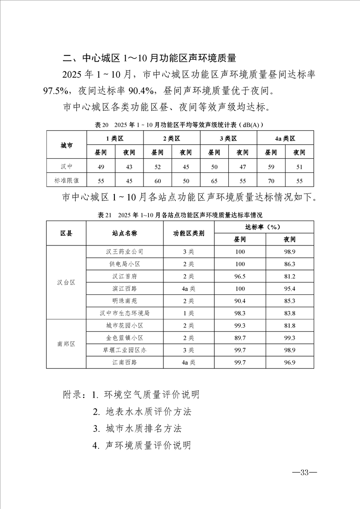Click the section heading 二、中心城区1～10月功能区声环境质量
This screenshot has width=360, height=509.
point(149,58)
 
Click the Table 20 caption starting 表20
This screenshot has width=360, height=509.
point(180,124)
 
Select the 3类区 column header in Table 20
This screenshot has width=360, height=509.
point(228,138)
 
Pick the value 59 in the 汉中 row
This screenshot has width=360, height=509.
point(271,166)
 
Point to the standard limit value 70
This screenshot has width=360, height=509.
point(271,180)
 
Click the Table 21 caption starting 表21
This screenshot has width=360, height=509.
point(180,215)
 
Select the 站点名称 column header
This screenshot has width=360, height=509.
point(125,233)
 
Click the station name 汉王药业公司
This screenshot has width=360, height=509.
point(125,252)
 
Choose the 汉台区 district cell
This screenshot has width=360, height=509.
point(66,282)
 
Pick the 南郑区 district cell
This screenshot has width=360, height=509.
point(66,344)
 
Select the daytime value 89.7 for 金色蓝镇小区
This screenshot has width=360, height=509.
point(240,338)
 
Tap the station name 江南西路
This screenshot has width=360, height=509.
point(125,362)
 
